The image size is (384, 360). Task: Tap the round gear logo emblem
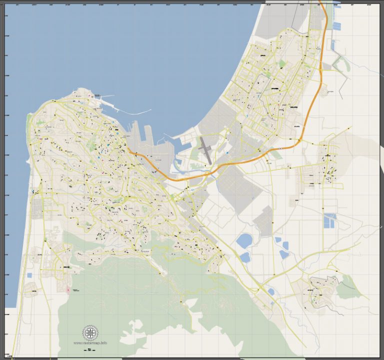[90, 332]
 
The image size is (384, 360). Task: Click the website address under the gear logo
[90, 343]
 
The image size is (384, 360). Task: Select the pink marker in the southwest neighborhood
[68, 289]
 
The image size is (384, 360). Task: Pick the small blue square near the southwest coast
[29, 275]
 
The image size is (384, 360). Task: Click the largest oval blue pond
[244, 241]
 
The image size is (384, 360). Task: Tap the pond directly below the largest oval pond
[244, 257]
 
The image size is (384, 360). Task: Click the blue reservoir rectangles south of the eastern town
[330, 220]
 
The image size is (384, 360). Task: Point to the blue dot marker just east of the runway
[227, 152]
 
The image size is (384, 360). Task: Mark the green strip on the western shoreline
[28, 120]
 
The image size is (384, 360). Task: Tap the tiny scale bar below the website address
[90, 348]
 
